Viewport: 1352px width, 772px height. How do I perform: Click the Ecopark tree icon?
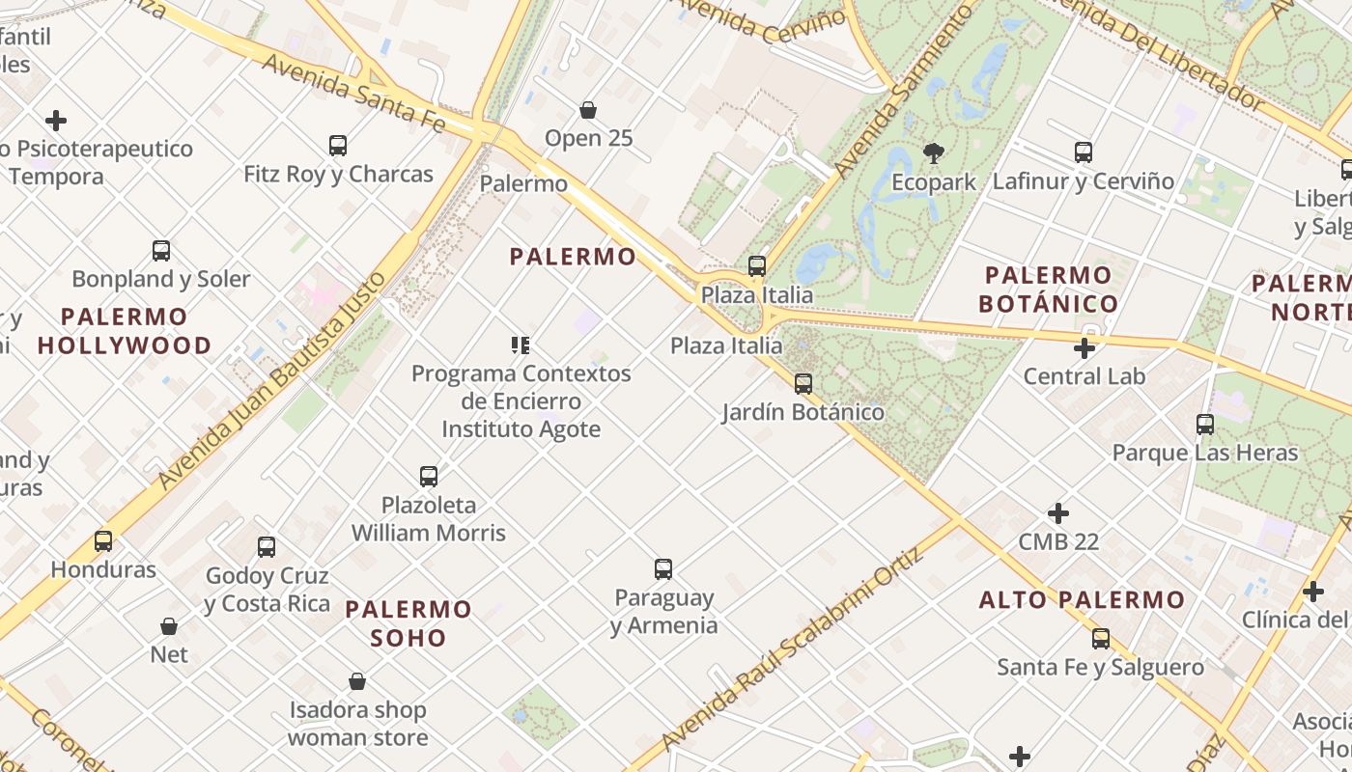[x=933, y=152]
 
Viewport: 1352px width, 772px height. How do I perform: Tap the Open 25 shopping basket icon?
[x=587, y=110]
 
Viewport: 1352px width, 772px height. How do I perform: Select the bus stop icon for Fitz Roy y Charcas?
[x=338, y=146]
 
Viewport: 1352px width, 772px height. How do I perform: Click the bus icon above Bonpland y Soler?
[x=161, y=251]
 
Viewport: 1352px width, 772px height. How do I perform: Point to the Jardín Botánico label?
[x=803, y=412]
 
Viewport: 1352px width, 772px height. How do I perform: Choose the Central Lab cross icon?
[x=1084, y=347]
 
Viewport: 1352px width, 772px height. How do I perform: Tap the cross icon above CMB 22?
[x=1058, y=513]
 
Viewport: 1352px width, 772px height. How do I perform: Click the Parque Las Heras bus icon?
[x=1205, y=424]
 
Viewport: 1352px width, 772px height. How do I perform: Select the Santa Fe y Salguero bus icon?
[x=1101, y=638]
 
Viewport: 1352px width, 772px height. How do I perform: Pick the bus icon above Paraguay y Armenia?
[x=663, y=569]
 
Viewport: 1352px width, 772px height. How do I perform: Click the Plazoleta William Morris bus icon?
[x=429, y=476]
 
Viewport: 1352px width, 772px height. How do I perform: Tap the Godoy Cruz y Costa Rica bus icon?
[x=267, y=547]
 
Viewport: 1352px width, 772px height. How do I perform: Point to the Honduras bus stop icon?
[x=103, y=540]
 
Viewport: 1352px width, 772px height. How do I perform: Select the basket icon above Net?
[x=169, y=626]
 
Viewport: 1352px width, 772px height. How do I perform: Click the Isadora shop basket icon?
[x=357, y=681]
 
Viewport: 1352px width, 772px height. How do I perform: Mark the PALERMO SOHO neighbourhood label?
[x=408, y=623]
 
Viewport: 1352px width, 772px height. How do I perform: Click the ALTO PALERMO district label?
[x=1082, y=600]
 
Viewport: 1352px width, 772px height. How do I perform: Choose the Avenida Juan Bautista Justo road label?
[x=272, y=380]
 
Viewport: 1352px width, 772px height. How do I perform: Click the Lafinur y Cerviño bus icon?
[x=1084, y=152]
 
